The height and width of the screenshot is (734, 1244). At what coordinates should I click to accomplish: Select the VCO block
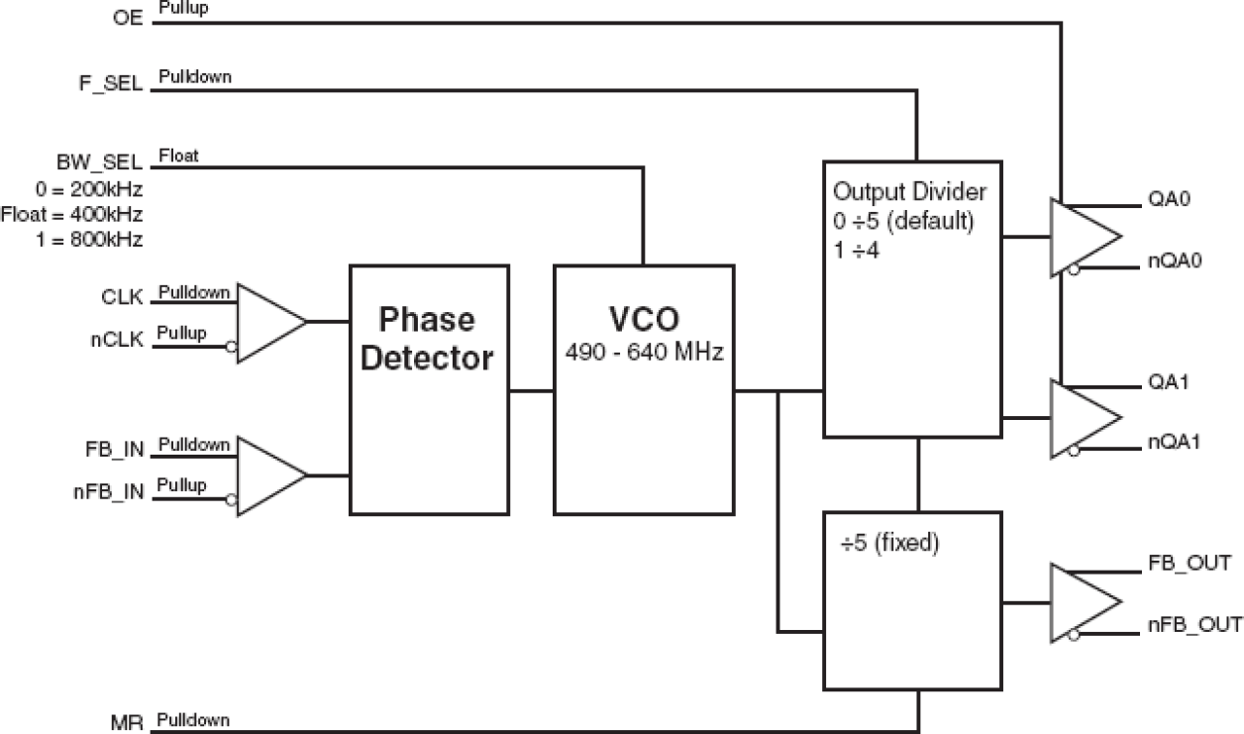pos(644,389)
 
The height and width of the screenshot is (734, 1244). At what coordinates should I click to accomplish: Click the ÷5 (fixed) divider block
pos(912,599)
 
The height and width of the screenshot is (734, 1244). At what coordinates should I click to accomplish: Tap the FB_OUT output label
pos(1188,565)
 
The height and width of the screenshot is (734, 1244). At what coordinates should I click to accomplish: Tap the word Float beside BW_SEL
pos(177,156)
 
